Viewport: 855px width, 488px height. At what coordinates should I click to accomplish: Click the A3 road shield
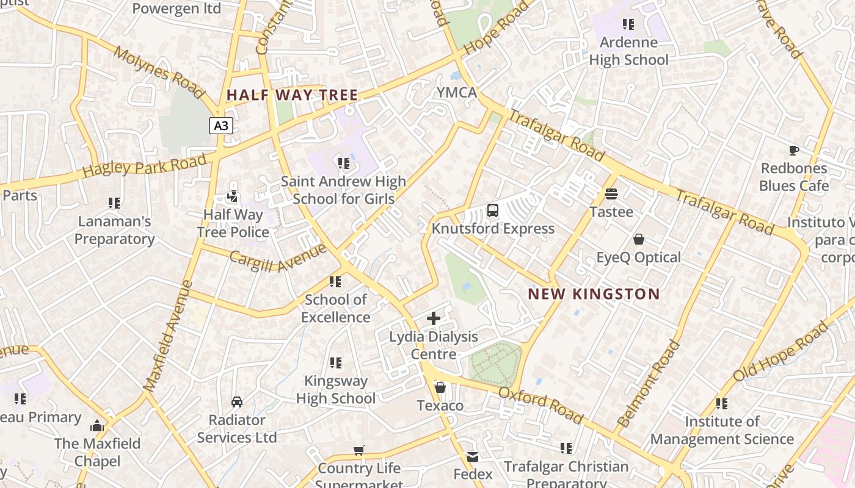click(221, 126)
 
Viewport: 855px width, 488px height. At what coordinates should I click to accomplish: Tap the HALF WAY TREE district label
click(292, 95)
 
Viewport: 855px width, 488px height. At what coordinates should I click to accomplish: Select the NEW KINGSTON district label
click(594, 294)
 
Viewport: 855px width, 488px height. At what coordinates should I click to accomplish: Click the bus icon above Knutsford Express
click(493, 211)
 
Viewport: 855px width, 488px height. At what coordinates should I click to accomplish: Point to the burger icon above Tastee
click(611, 195)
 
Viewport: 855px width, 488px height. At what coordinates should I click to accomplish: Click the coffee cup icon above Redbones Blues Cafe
click(793, 150)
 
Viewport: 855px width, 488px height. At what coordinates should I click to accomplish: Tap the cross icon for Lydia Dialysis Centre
click(434, 318)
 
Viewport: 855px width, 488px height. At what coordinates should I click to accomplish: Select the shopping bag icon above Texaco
click(440, 387)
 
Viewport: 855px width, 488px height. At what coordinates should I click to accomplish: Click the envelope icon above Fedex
click(473, 456)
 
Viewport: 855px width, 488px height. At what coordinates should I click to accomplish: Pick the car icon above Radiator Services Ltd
click(237, 402)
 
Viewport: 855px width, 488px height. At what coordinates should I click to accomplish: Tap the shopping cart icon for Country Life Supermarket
click(359, 450)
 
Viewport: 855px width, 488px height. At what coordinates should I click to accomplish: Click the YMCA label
click(457, 93)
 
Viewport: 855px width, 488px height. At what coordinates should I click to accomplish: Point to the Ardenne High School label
click(628, 51)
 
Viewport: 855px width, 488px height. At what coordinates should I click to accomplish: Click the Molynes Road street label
click(159, 72)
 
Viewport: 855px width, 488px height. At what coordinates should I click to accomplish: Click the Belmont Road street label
click(649, 383)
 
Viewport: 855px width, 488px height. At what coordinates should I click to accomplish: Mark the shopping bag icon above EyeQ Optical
click(639, 239)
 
